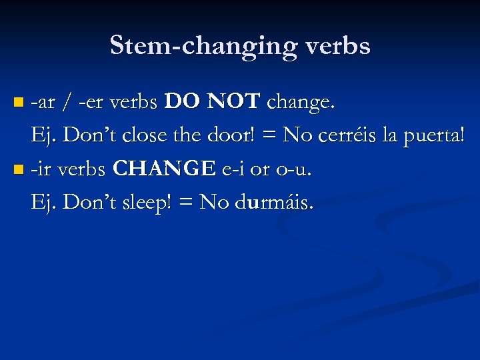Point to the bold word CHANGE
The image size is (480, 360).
(165, 169)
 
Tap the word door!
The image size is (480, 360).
(234, 136)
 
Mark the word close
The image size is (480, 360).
(148, 136)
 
